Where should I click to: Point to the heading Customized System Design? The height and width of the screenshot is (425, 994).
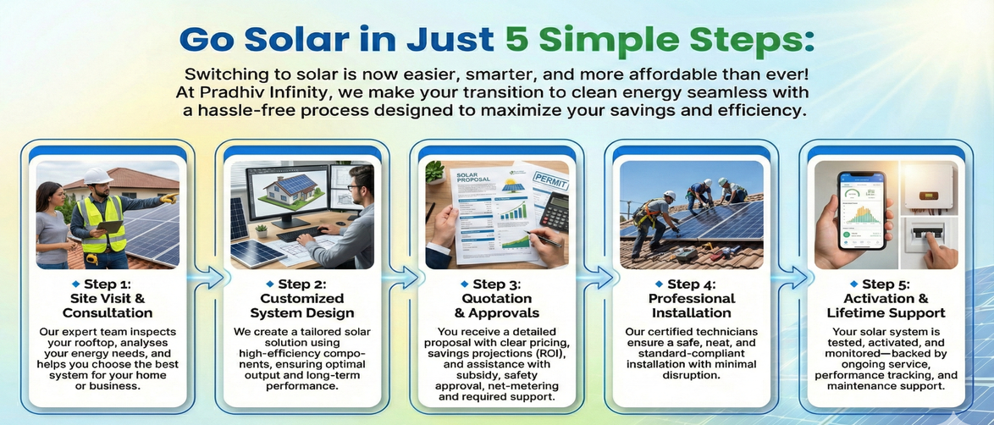click(302, 306)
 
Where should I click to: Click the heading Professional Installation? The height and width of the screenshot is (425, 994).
click(692, 306)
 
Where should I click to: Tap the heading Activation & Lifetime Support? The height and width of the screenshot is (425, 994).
click(886, 306)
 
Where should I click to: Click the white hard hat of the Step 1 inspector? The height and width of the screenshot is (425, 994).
click(97, 176)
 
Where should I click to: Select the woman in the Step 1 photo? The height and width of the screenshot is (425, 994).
click(53, 224)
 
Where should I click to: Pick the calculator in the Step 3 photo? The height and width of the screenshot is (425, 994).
click(554, 212)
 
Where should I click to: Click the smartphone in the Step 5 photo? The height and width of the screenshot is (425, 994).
click(862, 210)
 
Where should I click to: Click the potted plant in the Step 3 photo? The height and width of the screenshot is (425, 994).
click(435, 171)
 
